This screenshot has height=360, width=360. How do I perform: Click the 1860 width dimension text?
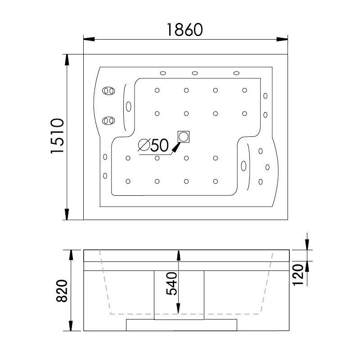click(185, 30)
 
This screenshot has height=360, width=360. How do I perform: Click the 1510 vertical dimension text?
click(57, 136)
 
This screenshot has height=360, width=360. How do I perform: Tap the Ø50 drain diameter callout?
click(153, 145)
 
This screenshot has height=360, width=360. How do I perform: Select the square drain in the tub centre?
click(184, 137)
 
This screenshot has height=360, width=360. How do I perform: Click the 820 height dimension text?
click(62, 291)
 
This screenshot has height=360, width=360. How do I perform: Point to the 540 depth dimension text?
click(172, 283)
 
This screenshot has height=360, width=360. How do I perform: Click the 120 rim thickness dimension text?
click(298, 275)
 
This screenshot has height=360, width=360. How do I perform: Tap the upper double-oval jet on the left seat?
click(108, 91)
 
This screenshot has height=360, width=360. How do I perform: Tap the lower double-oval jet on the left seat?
click(108, 121)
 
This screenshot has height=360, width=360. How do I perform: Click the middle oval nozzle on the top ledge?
click(195, 73)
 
